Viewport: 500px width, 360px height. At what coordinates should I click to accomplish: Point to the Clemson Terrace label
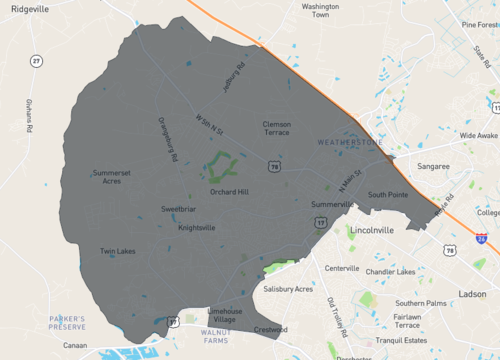(276, 128)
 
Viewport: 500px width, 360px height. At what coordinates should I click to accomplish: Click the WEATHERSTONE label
(350, 143)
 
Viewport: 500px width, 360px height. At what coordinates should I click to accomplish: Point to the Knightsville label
(197, 227)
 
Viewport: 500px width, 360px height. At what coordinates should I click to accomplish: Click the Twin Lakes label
(117, 251)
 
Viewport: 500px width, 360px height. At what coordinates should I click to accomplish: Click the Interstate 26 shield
(482, 240)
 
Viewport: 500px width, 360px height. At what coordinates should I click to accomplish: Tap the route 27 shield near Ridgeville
(36, 62)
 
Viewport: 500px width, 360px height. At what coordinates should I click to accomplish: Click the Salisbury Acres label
(288, 289)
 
